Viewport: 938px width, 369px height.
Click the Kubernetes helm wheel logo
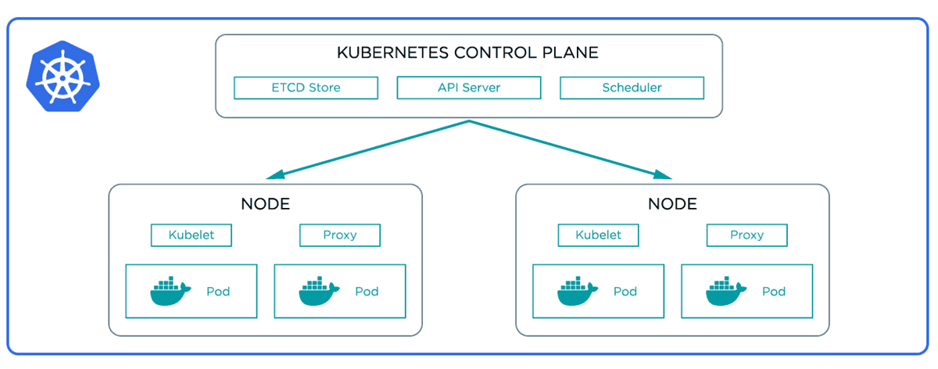(x=63, y=77)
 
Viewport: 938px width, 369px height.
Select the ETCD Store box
(x=306, y=88)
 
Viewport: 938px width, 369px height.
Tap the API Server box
(x=469, y=88)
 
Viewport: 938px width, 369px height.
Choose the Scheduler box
(x=632, y=88)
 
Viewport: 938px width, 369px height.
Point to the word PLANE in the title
(x=571, y=53)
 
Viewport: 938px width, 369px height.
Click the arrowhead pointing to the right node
(x=663, y=174)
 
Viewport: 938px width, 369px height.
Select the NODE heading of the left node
(x=266, y=204)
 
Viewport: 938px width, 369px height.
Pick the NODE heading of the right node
(x=672, y=204)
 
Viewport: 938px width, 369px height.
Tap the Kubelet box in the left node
(x=192, y=235)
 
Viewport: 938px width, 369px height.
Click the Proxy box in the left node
(x=340, y=235)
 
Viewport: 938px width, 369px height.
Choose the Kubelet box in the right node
(x=599, y=235)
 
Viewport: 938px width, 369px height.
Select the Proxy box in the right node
(x=747, y=235)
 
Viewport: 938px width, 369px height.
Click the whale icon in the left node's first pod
(x=170, y=291)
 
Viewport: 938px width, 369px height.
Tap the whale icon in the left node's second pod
(x=318, y=291)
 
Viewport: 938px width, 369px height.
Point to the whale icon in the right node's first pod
(x=577, y=291)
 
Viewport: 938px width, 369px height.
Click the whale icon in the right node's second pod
(x=725, y=291)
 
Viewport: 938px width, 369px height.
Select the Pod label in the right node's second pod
(x=774, y=292)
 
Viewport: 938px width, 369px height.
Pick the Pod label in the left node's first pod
(x=218, y=292)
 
